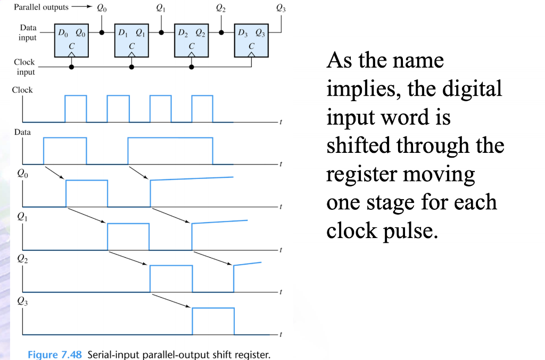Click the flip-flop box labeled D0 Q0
point(71,40)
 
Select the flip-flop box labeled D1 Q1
point(131,40)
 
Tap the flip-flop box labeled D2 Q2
point(192,40)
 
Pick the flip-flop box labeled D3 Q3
point(251,40)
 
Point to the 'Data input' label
point(28,32)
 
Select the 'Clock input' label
point(24,67)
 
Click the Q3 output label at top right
point(280,8)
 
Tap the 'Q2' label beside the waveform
point(22,259)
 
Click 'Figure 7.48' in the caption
point(55,355)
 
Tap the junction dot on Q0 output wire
point(102,32)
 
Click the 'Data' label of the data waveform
point(22,132)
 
